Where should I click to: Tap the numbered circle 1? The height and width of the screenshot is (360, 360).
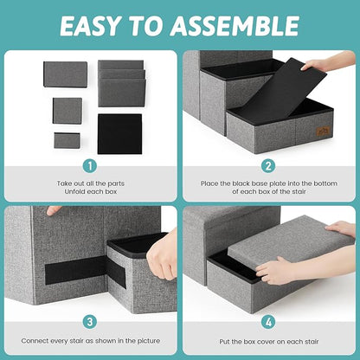pyautogui.click(x=89, y=164)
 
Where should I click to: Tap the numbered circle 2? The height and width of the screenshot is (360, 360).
pyautogui.click(x=269, y=164)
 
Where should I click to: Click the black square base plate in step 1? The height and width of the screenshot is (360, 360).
pyautogui.click(x=119, y=133)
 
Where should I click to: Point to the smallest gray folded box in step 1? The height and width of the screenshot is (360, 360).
pyautogui.click(x=65, y=139)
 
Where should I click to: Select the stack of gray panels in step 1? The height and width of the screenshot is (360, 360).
pyautogui.click(x=120, y=83)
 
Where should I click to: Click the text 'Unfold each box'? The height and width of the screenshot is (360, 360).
pyautogui.click(x=89, y=191)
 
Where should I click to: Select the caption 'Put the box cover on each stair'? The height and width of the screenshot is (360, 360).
pyautogui.click(x=269, y=342)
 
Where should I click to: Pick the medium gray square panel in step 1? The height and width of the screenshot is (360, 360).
pyautogui.click(x=67, y=110)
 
